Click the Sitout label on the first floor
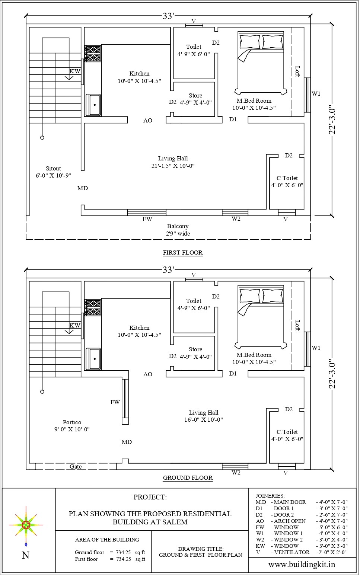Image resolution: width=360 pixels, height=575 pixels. (53, 169)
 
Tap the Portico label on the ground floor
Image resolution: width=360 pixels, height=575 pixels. (72, 422)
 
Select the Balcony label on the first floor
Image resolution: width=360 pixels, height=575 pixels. (178, 226)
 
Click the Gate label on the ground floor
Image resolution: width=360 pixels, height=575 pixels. (76, 466)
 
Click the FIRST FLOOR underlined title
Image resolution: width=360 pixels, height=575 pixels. (183, 253)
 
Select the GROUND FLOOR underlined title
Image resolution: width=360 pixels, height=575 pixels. (188, 478)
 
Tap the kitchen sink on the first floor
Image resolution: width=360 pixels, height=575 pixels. (93, 105)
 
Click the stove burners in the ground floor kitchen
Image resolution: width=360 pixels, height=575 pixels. (93, 307)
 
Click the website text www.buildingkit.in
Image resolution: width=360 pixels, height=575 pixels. (302, 565)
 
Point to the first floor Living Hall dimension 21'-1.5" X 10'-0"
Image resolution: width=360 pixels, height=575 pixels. (173, 166)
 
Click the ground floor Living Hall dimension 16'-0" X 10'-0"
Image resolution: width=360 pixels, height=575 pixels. (203, 420)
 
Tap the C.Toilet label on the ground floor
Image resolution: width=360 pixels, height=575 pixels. (287, 432)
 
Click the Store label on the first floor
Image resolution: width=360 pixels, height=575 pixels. (195, 96)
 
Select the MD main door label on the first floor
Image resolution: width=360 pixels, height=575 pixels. (82, 188)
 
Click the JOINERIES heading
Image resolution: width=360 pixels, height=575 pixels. (270, 496)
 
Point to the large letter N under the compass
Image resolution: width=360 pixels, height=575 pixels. (25, 556)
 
